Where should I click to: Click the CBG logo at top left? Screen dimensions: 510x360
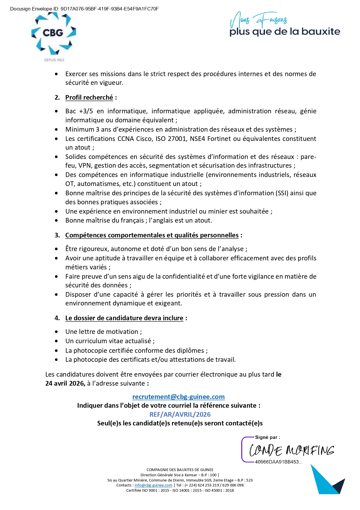(x=54, y=35)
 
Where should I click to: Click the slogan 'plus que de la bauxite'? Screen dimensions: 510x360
(x=285, y=32)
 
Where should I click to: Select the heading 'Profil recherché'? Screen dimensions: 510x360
(x=89, y=98)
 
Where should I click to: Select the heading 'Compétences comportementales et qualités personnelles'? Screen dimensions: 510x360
(x=152, y=235)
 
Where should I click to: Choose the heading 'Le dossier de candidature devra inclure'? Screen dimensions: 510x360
(x=124, y=318)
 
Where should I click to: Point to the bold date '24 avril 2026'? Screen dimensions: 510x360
(x=65, y=384)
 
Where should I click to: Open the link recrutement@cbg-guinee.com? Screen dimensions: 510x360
(x=178, y=397)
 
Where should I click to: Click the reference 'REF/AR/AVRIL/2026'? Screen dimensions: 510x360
(x=180, y=415)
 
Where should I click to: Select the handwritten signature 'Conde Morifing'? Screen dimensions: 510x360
(x=291, y=450)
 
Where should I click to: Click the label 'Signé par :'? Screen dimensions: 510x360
(x=267, y=437)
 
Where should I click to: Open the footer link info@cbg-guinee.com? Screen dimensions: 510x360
(x=153, y=485)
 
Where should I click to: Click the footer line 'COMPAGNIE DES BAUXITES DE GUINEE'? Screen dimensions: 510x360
(x=180, y=470)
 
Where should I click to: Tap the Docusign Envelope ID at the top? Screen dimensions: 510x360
(x=84, y=9)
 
